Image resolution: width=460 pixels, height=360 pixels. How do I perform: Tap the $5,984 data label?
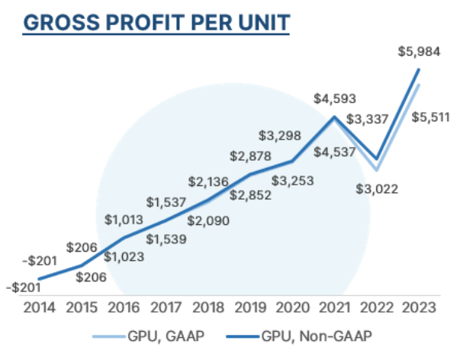click(x=418, y=52)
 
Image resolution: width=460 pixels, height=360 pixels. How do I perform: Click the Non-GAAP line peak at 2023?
click(x=419, y=69)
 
